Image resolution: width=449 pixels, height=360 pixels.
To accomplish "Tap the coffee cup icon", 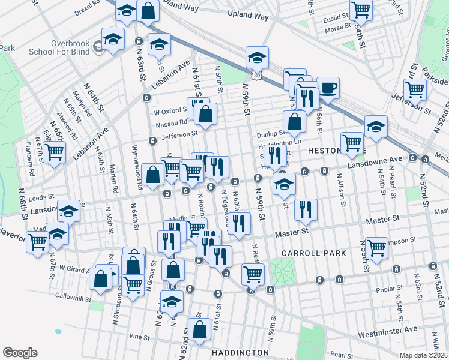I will coord(328,88).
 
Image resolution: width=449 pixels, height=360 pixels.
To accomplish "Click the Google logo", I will coord(20,352).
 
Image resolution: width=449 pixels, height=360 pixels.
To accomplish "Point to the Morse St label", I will coord(337,28).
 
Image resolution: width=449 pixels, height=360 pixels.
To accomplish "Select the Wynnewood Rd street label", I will coord(136,175).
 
